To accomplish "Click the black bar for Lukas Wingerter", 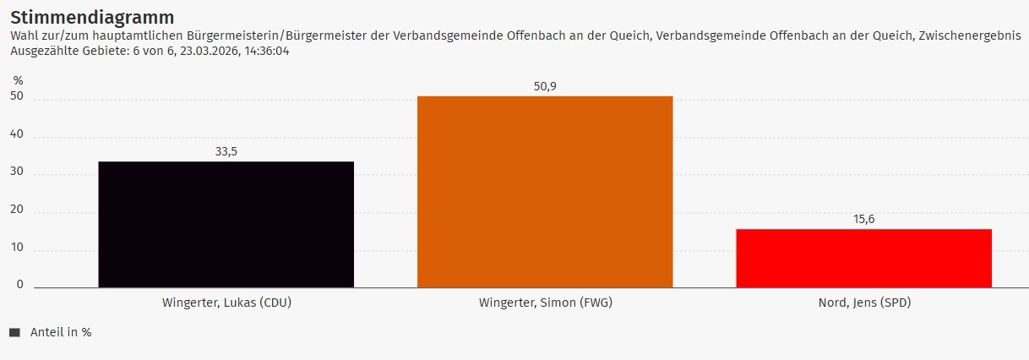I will (x=226, y=224).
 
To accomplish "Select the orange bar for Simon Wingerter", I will (x=545, y=192).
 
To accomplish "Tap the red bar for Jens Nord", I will (x=863, y=258).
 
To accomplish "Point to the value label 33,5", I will (x=226, y=151).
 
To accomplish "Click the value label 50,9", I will (x=545, y=86).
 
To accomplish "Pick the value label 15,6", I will (x=863, y=219).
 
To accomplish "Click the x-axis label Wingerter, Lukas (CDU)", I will (x=226, y=303).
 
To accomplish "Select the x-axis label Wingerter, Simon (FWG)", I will (x=545, y=303).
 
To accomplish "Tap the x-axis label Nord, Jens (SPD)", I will (x=864, y=303).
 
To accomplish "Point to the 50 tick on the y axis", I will (x=17, y=98).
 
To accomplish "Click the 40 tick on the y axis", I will (x=17, y=135).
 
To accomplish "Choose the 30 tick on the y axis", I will (x=17, y=173).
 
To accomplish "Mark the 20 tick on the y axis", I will (x=17, y=210).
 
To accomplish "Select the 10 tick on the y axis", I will (x=17, y=248).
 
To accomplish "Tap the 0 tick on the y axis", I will (x=20, y=285).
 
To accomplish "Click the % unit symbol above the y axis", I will (x=18, y=80).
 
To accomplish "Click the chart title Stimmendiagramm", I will (x=92, y=17).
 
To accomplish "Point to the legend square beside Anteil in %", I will (x=14, y=333).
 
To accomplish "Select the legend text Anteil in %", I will (x=61, y=333).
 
